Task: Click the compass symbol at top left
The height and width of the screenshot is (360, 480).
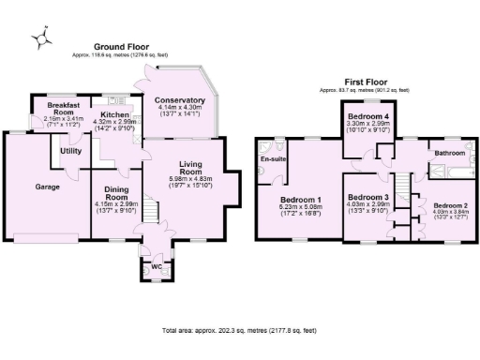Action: [x=40, y=37]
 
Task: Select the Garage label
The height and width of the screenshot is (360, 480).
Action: [x=48, y=187]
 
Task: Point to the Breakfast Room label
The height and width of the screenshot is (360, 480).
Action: [x=57, y=111]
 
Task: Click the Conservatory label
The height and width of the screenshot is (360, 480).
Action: [x=180, y=100]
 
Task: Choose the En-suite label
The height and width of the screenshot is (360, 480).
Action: [x=272, y=159]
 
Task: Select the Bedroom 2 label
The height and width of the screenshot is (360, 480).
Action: [x=450, y=204]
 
